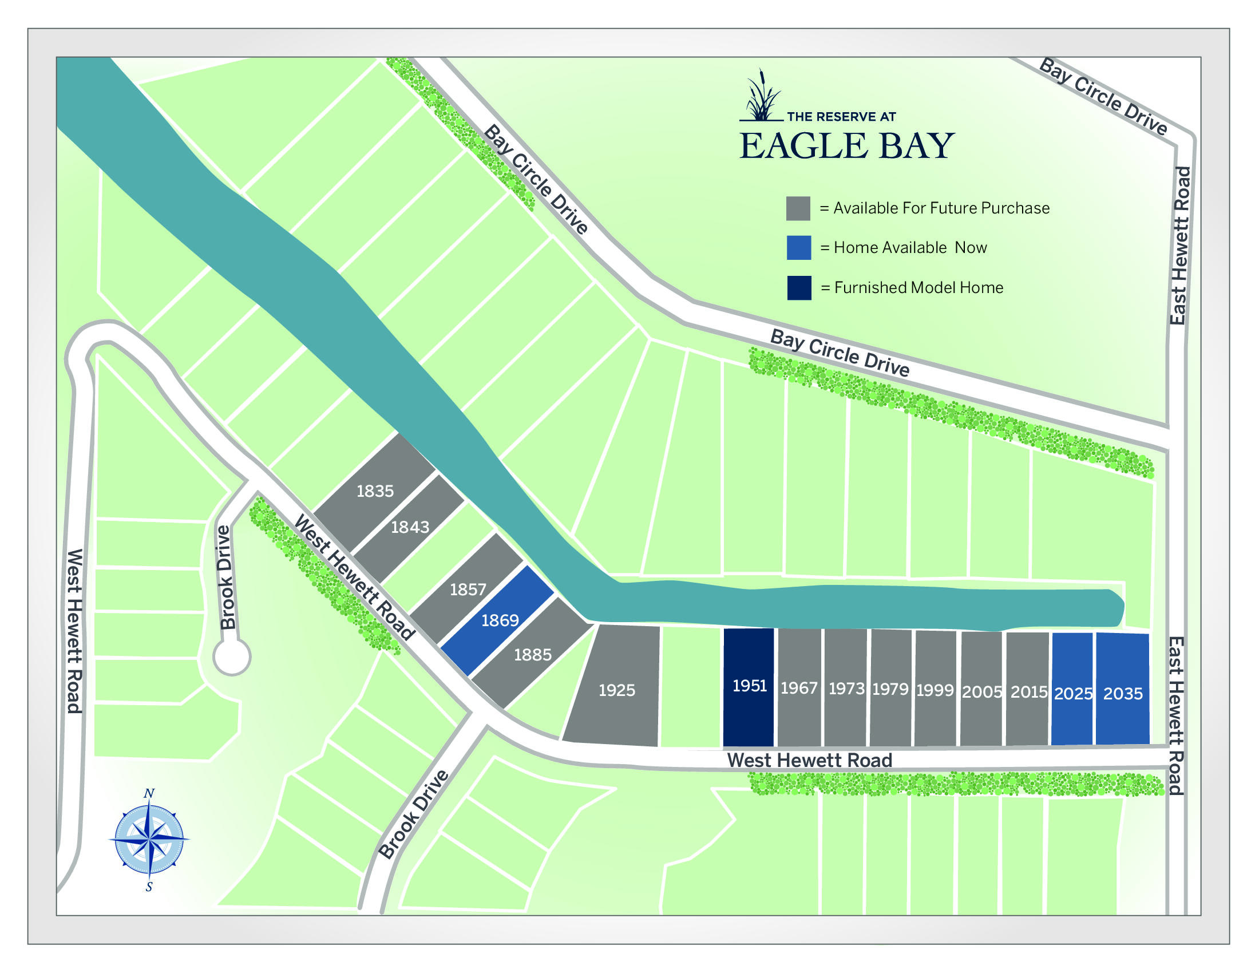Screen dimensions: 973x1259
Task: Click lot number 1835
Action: tap(375, 491)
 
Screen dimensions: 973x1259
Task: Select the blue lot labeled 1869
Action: tap(499, 620)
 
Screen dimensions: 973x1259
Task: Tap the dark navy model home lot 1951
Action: tap(749, 686)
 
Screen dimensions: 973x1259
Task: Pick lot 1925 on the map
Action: tap(616, 690)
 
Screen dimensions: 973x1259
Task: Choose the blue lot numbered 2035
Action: tap(1122, 693)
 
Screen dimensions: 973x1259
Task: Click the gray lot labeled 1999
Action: tap(935, 690)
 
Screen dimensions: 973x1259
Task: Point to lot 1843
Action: tap(410, 527)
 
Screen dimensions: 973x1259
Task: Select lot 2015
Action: tap(1028, 692)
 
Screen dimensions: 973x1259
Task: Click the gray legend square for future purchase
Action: tap(798, 208)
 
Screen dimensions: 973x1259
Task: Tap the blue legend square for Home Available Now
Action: tap(798, 248)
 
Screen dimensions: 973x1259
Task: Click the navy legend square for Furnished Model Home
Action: tap(799, 288)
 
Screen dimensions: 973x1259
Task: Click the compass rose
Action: tap(149, 838)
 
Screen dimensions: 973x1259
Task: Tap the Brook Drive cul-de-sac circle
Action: tap(232, 656)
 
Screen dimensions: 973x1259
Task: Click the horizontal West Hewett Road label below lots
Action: tap(809, 760)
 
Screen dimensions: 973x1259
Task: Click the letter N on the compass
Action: tap(149, 794)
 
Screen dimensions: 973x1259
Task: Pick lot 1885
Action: tap(533, 655)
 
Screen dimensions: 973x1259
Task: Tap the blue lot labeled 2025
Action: tap(1072, 693)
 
